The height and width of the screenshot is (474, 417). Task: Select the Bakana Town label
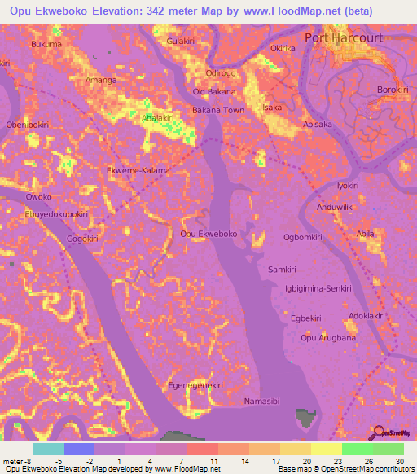tap(217, 110)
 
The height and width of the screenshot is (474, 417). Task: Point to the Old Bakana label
tap(213, 92)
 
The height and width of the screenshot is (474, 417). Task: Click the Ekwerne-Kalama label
tap(138, 171)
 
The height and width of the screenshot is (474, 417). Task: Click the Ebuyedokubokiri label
tap(56, 214)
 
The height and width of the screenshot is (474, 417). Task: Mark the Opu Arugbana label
tap(328, 338)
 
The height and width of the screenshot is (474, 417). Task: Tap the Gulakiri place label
tap(181, 41)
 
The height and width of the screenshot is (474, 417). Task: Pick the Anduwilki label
tap(336, 207)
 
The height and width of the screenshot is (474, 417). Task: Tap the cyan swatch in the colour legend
tap(48, 449)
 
